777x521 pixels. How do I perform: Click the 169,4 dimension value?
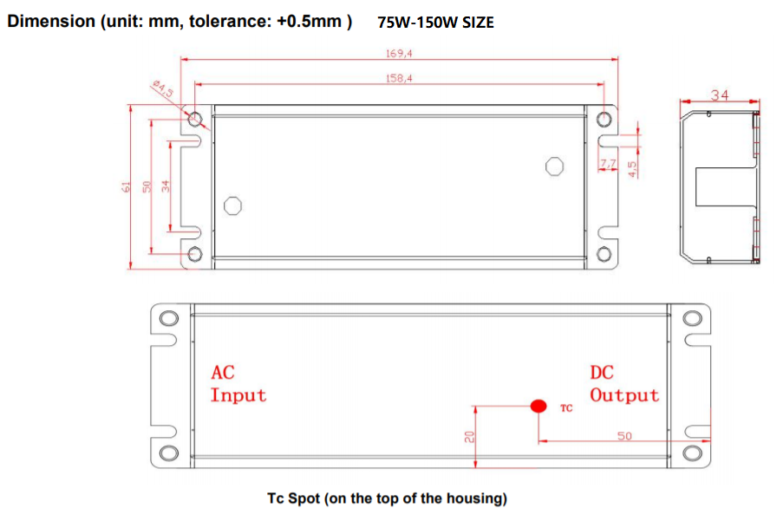[399, 54]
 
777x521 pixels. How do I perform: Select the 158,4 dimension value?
[399, 78]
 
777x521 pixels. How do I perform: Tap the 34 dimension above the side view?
[720, 94]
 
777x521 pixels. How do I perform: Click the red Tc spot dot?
[539, 405]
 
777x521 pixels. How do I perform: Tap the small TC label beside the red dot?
[566, 407]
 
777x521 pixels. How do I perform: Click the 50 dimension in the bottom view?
[624, 435]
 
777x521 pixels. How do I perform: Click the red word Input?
[238, 395]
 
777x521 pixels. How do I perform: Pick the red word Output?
[624, 395]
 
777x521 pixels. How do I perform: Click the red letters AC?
[222, 373]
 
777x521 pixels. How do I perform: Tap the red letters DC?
[601, 373]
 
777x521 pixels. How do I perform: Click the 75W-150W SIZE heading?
[435, 23]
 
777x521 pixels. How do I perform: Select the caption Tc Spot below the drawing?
[387, 498]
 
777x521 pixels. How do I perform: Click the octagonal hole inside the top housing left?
[232, 205]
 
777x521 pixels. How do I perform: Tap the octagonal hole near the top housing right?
[554, 166]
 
